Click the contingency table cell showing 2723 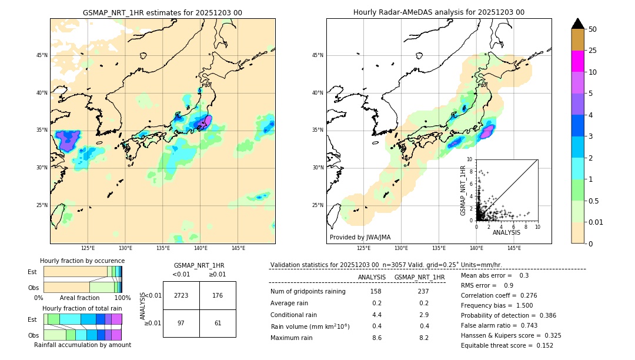point(181,295)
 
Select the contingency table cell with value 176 point(218,295)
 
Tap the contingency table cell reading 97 point(181,324)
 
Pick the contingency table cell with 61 point(218,324)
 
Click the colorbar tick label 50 point(593,29)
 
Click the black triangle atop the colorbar point(578,24)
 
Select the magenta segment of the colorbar point(578,61)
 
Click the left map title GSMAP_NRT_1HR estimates point(162,12)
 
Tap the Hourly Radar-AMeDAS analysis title point(439,12)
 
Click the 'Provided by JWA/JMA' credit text point(360,238)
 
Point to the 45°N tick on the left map point(41,55)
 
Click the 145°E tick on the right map point(514,248)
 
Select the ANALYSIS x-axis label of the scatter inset point(507,232)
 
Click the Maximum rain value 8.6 point(376,338)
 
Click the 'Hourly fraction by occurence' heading point(82,261)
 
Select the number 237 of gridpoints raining point(423,291)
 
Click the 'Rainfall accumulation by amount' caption point(82,345)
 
